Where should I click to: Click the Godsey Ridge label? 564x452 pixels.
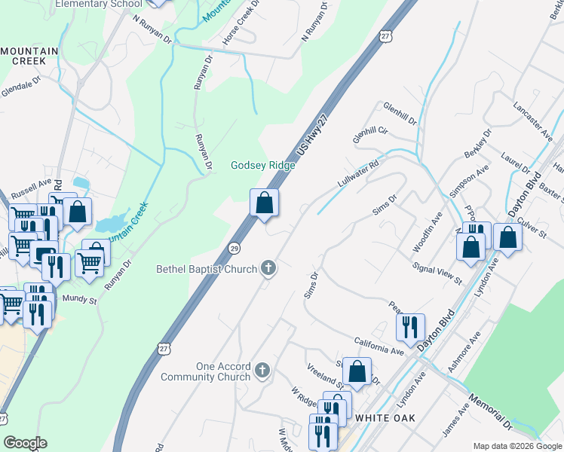click(262, 166)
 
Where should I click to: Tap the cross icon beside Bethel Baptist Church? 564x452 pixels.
click(268, 267)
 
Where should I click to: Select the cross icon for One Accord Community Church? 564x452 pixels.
click(262, 370)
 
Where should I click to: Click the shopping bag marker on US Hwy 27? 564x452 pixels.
click(264, 203)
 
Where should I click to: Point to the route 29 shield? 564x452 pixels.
click(234, 249)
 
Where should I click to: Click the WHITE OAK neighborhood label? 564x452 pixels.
click(382, 417)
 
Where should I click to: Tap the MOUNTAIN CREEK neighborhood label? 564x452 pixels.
click(29, 56)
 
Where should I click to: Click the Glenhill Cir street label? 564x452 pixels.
click(369, 135)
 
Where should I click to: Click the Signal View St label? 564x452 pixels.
click(437, 273)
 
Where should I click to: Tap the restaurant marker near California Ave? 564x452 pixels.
click(410, 326)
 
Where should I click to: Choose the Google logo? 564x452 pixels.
click(24, 443)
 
